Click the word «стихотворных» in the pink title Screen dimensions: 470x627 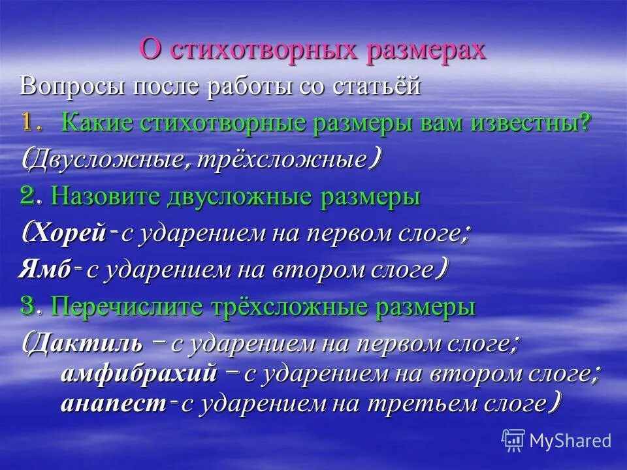pos(265,50)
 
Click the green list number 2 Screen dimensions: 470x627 pos(27,196)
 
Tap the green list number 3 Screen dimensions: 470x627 pos(27,307)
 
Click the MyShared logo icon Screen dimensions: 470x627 pos(514,440)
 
